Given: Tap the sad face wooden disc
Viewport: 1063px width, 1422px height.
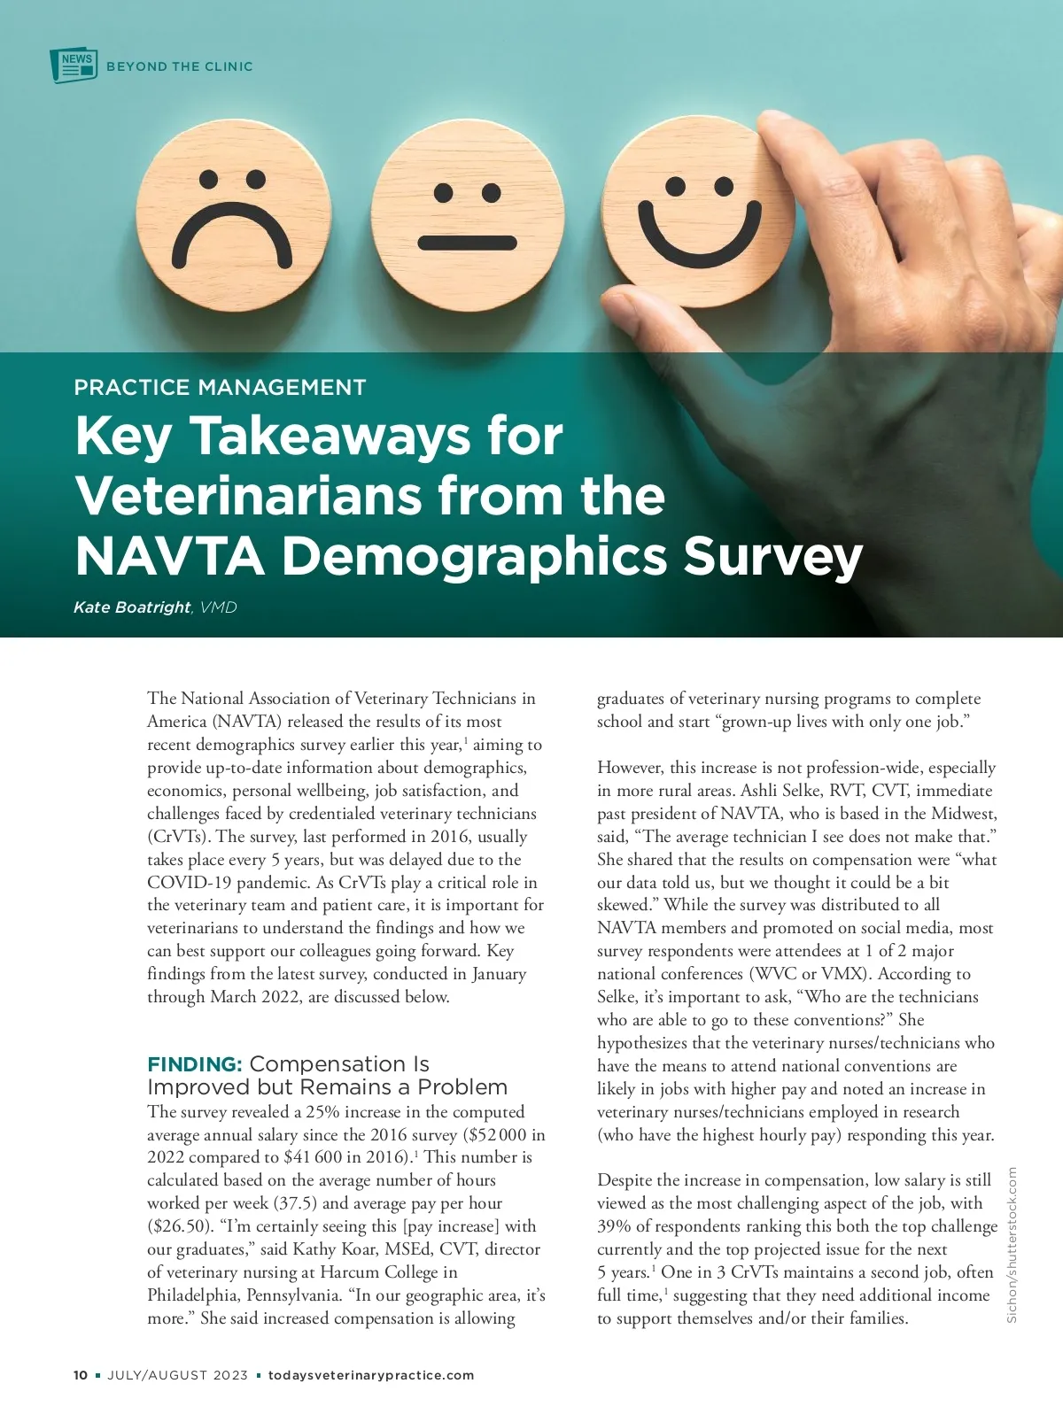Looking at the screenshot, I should click(x=233, y=220).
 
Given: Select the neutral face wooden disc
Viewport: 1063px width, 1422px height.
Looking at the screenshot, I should click(x=467, y=220).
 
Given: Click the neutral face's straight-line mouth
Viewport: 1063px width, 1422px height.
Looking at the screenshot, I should click(x=467, y=242).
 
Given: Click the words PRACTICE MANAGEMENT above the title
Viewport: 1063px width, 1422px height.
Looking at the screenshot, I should click(x=220, y=387).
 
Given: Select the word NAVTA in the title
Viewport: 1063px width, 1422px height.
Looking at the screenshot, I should click(x=169, y=556).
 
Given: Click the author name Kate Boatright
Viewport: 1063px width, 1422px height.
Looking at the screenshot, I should click(x=132, y=607).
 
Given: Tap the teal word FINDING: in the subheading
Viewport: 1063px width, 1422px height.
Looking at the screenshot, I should click(x=194, y=1063).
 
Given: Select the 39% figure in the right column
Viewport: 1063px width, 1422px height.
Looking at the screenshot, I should click(x=614, y=1226).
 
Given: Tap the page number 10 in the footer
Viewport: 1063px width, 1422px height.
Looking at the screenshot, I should click(x=81, y=1375).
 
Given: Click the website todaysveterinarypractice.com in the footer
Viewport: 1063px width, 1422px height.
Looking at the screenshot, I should click(x=371, y=1375).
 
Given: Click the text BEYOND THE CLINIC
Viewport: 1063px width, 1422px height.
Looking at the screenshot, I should click(x=179, y=66).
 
